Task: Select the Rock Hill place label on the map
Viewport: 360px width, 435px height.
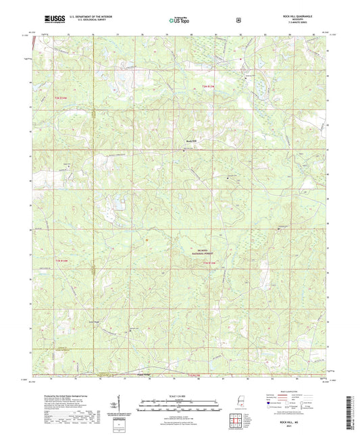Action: click(x=192, y=140)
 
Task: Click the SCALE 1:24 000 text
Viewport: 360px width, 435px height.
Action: click(x=180, y=396)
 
